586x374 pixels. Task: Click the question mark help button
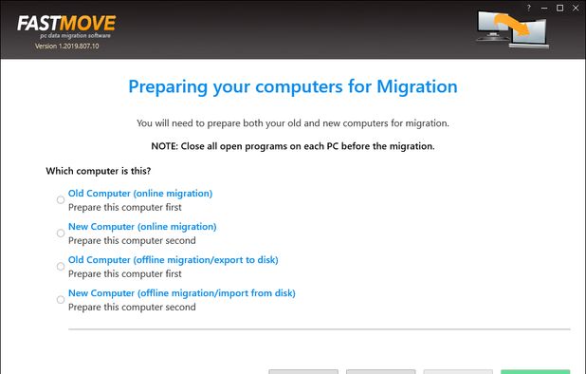click(529, 8)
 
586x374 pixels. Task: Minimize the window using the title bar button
click(544, 8)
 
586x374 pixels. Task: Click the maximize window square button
click(559, 8)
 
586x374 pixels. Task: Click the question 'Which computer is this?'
click(99, 171)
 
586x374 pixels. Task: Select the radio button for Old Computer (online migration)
click(61, 199)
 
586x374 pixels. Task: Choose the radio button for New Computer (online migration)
click(61, 233)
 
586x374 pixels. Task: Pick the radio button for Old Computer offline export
click(61, 267)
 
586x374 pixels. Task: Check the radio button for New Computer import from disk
click(61, 300)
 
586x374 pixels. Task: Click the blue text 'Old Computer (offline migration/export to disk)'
click(173, 259)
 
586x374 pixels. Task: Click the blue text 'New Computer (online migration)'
click(142, 226)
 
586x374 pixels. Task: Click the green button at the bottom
click(536, 371)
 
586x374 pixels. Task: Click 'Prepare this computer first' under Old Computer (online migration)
click(124, 206)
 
